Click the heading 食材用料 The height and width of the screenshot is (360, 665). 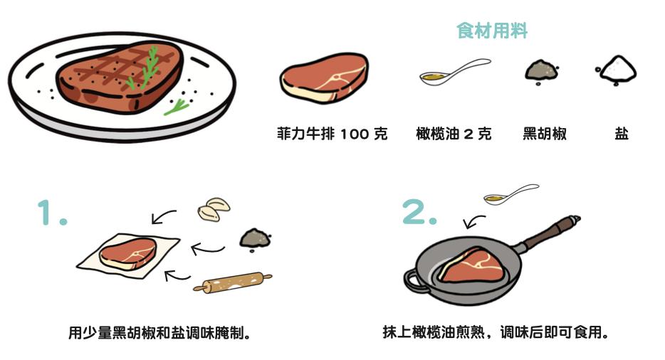point(492,31)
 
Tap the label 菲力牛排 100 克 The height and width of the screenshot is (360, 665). point(332,134)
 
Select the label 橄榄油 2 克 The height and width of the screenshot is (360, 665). point(454,134)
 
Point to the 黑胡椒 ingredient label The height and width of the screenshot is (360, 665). point(545,134)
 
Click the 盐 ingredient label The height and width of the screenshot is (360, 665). point(622,134)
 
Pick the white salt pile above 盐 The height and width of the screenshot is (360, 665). point(617,69)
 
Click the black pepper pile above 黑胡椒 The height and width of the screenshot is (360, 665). point(542,71)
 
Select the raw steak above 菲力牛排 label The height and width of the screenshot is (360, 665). point(324,78)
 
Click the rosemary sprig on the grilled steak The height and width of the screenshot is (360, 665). point(145,69)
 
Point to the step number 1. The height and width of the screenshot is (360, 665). point(52,212)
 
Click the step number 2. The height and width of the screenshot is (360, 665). point(419,211)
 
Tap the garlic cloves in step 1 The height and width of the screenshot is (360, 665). point(214,208)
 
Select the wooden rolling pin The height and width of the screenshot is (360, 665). point(232,283)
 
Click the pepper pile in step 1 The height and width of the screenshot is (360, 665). point(256,239)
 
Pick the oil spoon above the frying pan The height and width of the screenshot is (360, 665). point(510,195)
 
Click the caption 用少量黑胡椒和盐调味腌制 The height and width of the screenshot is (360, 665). point(159,332)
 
